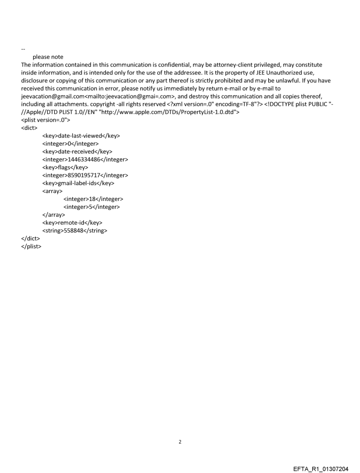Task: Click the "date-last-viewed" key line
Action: tap(81, 136)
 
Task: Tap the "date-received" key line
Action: tap(77, 152)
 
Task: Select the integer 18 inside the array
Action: tap(93, 199)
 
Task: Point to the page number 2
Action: tap(180, 441)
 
